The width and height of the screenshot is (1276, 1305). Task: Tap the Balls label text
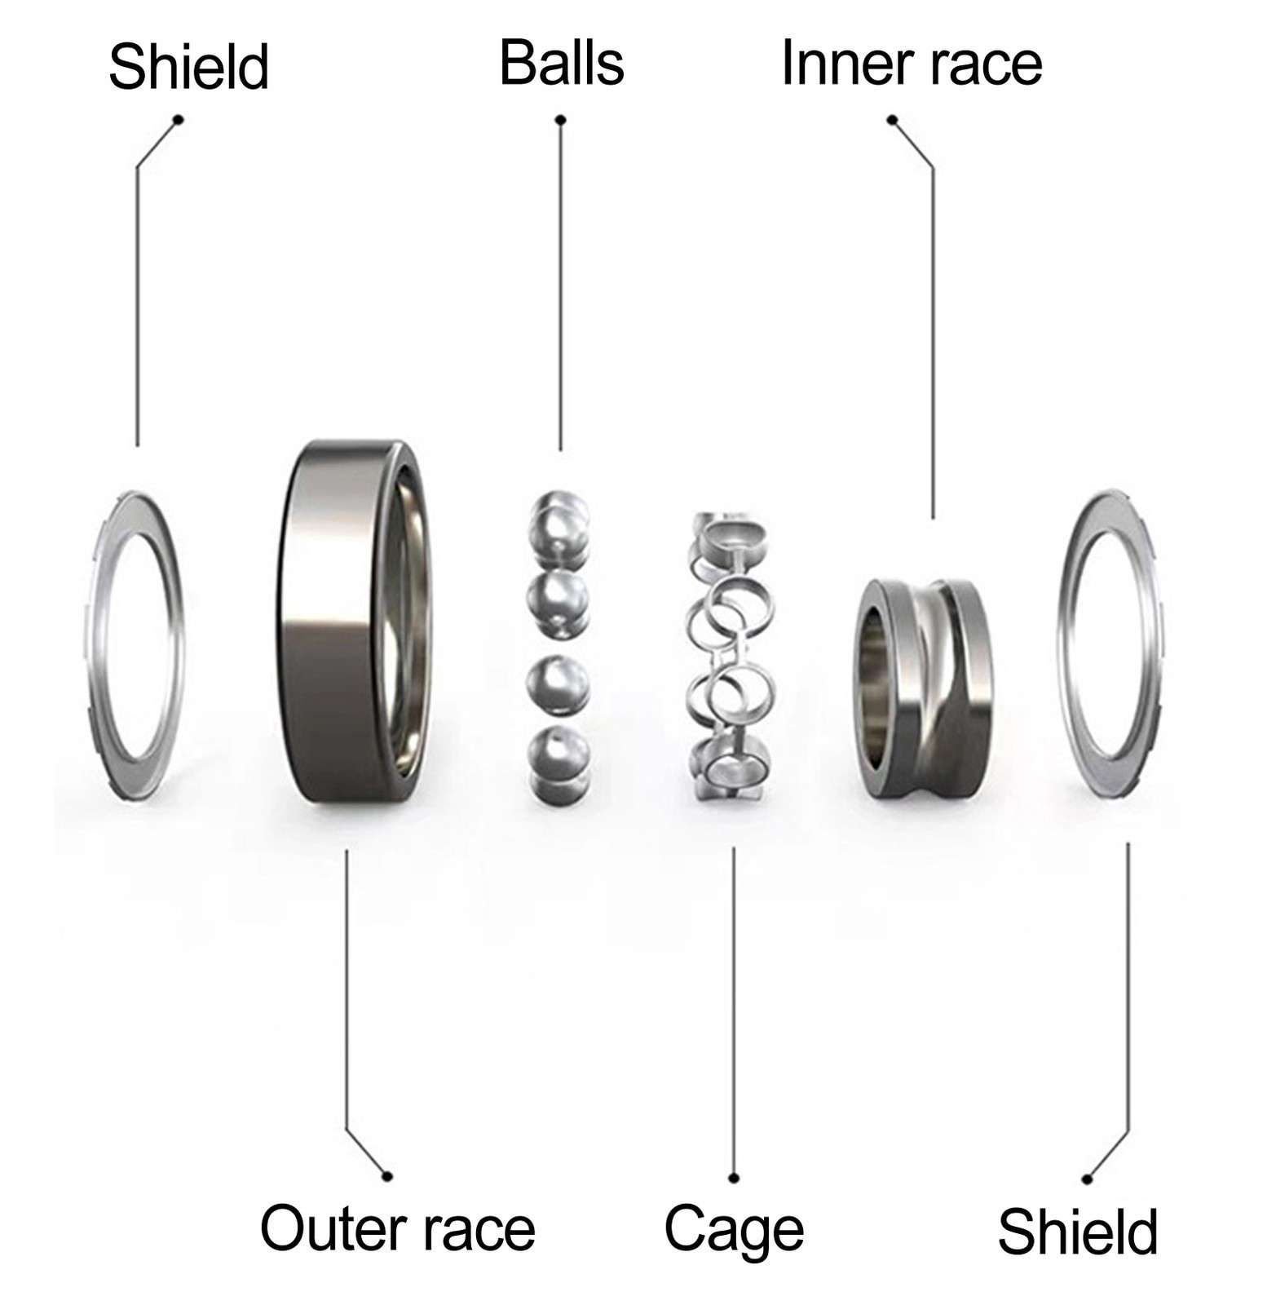562,63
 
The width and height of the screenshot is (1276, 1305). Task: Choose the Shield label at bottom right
1078,1232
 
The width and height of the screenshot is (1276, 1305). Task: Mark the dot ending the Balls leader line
560,120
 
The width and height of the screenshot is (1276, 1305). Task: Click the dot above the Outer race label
387,1176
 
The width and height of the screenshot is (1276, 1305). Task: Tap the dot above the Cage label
734,1178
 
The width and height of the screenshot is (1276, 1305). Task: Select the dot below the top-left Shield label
179,120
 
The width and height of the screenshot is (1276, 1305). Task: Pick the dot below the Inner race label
892,120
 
